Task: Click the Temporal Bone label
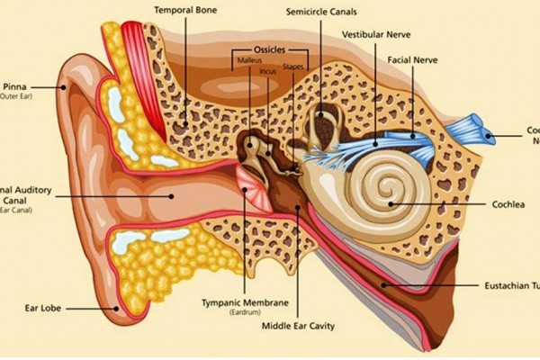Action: tap(187, 12)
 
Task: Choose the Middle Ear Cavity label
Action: tap(298, 326)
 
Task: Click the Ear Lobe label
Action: tap(41, 308)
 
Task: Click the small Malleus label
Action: tap(249, 60)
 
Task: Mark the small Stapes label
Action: tap(293, 66)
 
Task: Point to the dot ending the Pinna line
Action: tap(64, 87)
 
